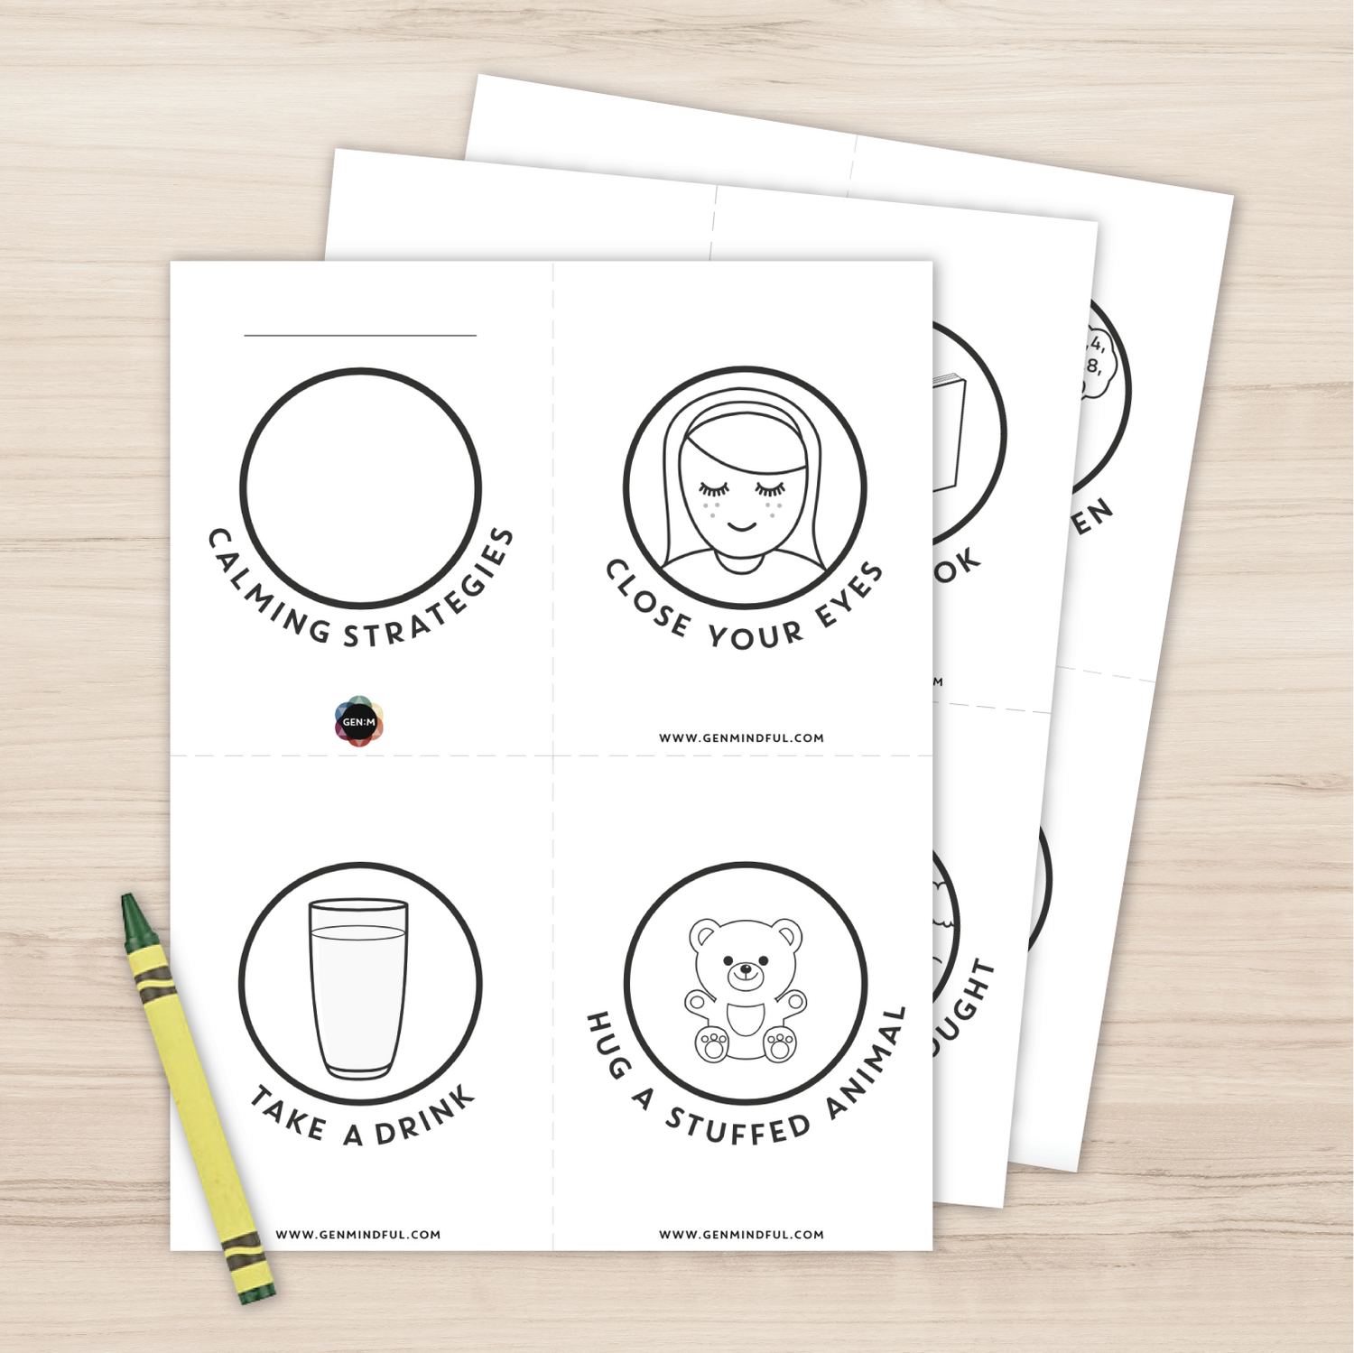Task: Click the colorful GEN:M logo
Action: [x=359, y=721]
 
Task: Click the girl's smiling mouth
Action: [x=742, y=525]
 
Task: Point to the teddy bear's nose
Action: [x=746, y=971]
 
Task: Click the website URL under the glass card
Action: [x=358, y=1234]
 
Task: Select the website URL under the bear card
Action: [x=741, y=1234]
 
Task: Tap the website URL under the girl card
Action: [x=741, y=737]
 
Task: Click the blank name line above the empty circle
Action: [x=360, y=335]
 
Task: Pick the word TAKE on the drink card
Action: [x=288, y=1114]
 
